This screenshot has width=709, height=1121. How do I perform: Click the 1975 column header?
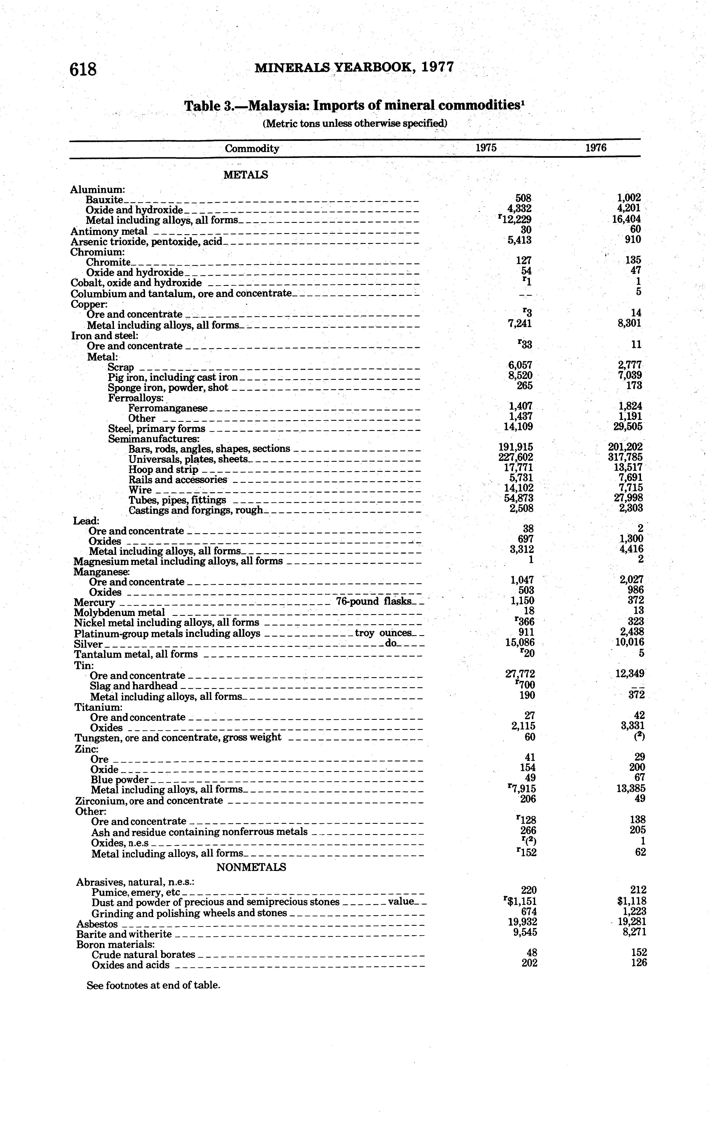[486, 148]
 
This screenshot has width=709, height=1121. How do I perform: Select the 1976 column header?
[596, 148]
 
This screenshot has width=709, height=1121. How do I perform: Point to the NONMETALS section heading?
[251, 867]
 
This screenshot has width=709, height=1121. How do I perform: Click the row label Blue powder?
[120, 780]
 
